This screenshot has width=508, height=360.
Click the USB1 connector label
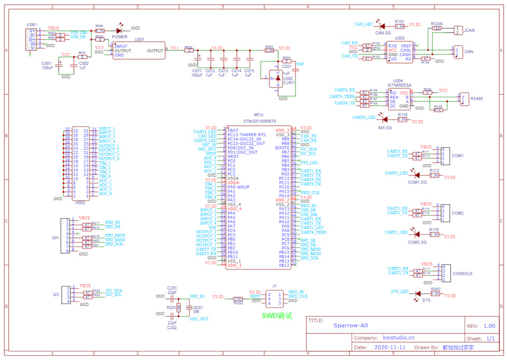[32, 25]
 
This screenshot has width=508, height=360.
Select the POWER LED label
[120, 37]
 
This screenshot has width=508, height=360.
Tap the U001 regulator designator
[139, 40]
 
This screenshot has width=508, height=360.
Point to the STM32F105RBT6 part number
[259, 121]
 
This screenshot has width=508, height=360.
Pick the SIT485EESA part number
[400, 85]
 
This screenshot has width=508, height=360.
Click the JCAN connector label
[469, 30]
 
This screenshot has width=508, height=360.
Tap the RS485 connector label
[477, 98]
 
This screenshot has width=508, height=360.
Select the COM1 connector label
[458, 156]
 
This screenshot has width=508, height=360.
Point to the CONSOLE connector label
[462, 274]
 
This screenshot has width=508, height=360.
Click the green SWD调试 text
[277, 315]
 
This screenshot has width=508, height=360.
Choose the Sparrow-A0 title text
[350, 327]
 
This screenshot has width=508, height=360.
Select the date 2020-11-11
[389, 348]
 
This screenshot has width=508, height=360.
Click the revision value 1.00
[489, 326]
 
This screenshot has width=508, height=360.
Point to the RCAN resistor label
[437, 24]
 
